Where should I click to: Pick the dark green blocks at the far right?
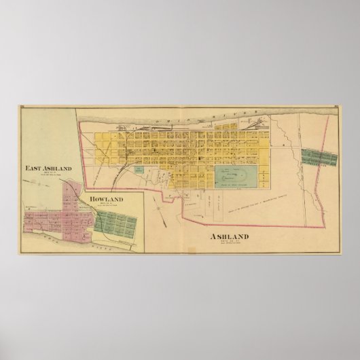(319, 158)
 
